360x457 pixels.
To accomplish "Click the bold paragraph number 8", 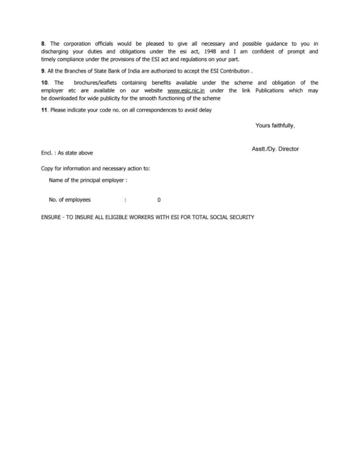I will (43, 44).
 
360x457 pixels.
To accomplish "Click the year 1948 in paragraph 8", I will (209, 51).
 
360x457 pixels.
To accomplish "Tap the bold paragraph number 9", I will (43, 71).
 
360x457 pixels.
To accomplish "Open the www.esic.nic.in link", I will (186, 91).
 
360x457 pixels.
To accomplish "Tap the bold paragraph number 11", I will (44, 110).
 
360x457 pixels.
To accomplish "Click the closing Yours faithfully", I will (275, 126).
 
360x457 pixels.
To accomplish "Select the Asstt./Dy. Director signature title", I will (275, 149).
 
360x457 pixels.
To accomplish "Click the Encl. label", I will (47, 153).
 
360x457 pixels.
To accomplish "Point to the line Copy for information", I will (95, 169).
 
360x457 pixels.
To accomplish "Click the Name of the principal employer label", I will (88, 180).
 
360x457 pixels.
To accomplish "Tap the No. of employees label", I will (70, 200).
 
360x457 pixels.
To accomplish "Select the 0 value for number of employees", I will (159, 200).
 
